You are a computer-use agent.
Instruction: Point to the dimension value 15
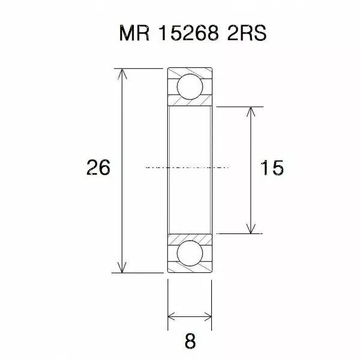coord(272,169)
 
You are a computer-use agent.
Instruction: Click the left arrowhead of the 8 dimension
coord(172,314)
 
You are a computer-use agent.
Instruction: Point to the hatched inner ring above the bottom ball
coord(190,238)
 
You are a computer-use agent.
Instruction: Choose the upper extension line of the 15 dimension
coord(240,106)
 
